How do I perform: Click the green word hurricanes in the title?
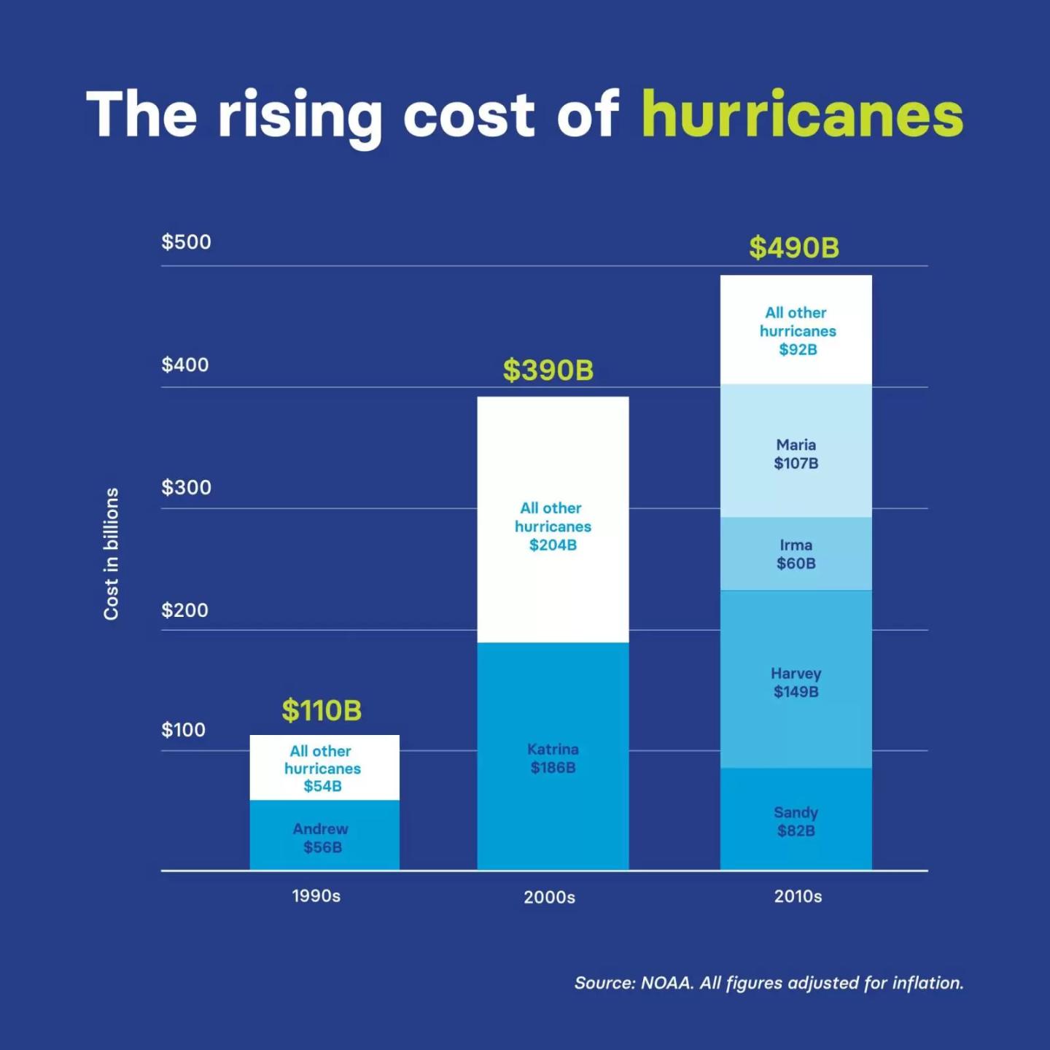802,115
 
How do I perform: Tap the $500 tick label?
186,242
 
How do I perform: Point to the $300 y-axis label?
186,487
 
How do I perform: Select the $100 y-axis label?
183,729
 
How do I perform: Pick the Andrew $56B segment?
324,836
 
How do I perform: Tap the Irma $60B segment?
796,553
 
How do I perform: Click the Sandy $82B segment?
796,820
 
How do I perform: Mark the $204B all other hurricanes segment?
553,525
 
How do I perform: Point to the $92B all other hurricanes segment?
796,330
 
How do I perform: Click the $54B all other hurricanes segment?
324,767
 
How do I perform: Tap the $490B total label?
794,248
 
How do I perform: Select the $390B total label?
548,370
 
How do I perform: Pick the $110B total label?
322,710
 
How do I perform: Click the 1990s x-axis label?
316,896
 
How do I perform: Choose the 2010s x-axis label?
798,896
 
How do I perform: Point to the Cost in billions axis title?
111,554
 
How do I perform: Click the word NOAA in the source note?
666,983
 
